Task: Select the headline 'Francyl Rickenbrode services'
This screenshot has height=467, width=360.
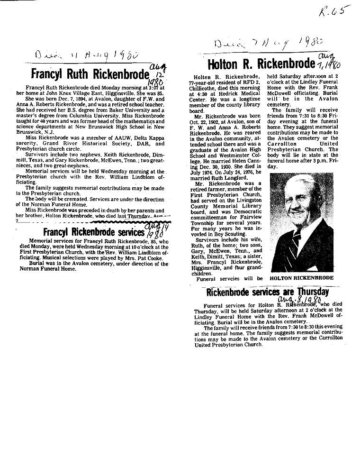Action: tap(93, 232)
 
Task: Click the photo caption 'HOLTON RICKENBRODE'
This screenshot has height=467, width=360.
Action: tap(301, 278)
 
